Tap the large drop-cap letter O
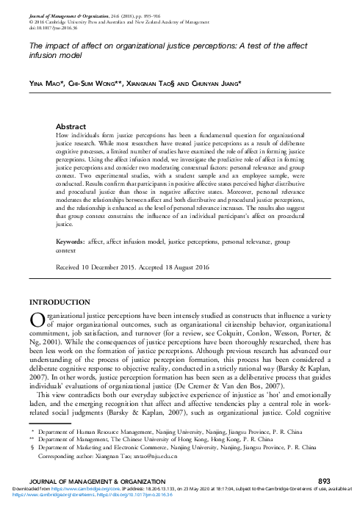coord(36,322)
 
